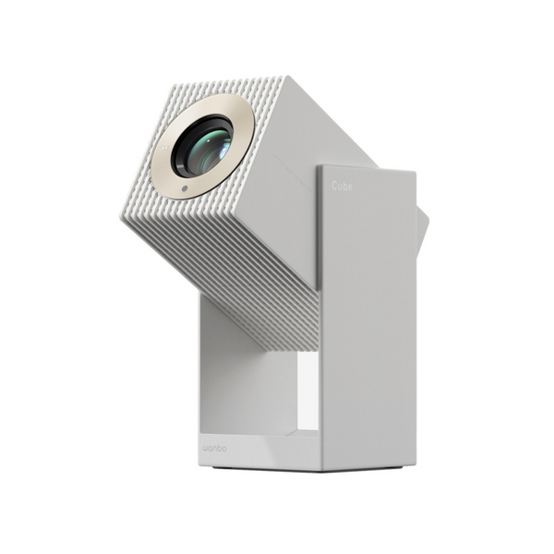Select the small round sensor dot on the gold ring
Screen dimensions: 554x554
pos(185,188)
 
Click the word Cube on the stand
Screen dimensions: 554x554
pos(342,186)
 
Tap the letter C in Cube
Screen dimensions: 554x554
pos(334,186)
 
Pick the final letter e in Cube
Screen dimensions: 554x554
pos(349,186)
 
